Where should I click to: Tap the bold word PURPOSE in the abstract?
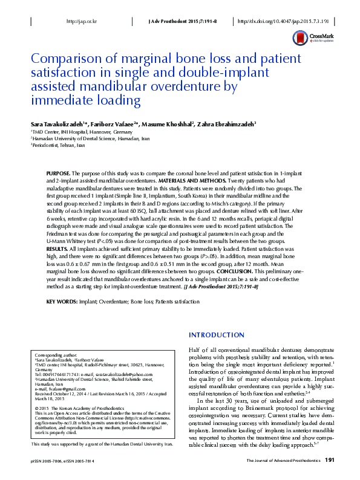click(x=59, y=173)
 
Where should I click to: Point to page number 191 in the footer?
click(x=330, y=461)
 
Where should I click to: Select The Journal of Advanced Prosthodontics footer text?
click(x=283, y=461)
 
